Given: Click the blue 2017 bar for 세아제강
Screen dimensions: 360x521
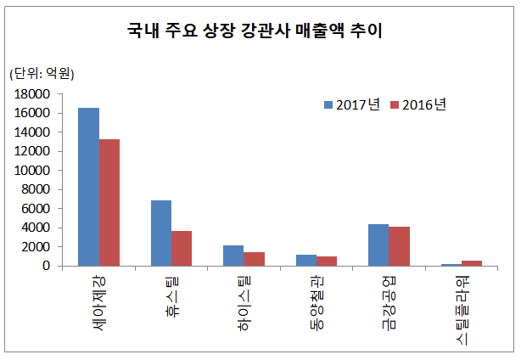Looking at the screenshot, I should coord(88,187).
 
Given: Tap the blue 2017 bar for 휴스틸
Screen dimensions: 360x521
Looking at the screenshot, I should coord(160,233).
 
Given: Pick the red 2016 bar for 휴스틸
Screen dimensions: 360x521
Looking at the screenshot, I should coord(182,248).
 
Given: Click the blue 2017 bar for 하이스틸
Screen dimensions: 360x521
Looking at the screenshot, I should coord(233,256).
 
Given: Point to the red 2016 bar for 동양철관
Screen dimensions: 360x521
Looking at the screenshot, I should coord(327,262).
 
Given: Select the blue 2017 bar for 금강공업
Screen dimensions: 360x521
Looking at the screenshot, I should coord(378,245).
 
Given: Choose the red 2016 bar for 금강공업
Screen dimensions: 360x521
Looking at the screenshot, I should coord(399,246).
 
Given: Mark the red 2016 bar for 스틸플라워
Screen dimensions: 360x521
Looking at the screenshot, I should coord(472,263).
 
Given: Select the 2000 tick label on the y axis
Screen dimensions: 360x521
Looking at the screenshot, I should coord(45,247).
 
